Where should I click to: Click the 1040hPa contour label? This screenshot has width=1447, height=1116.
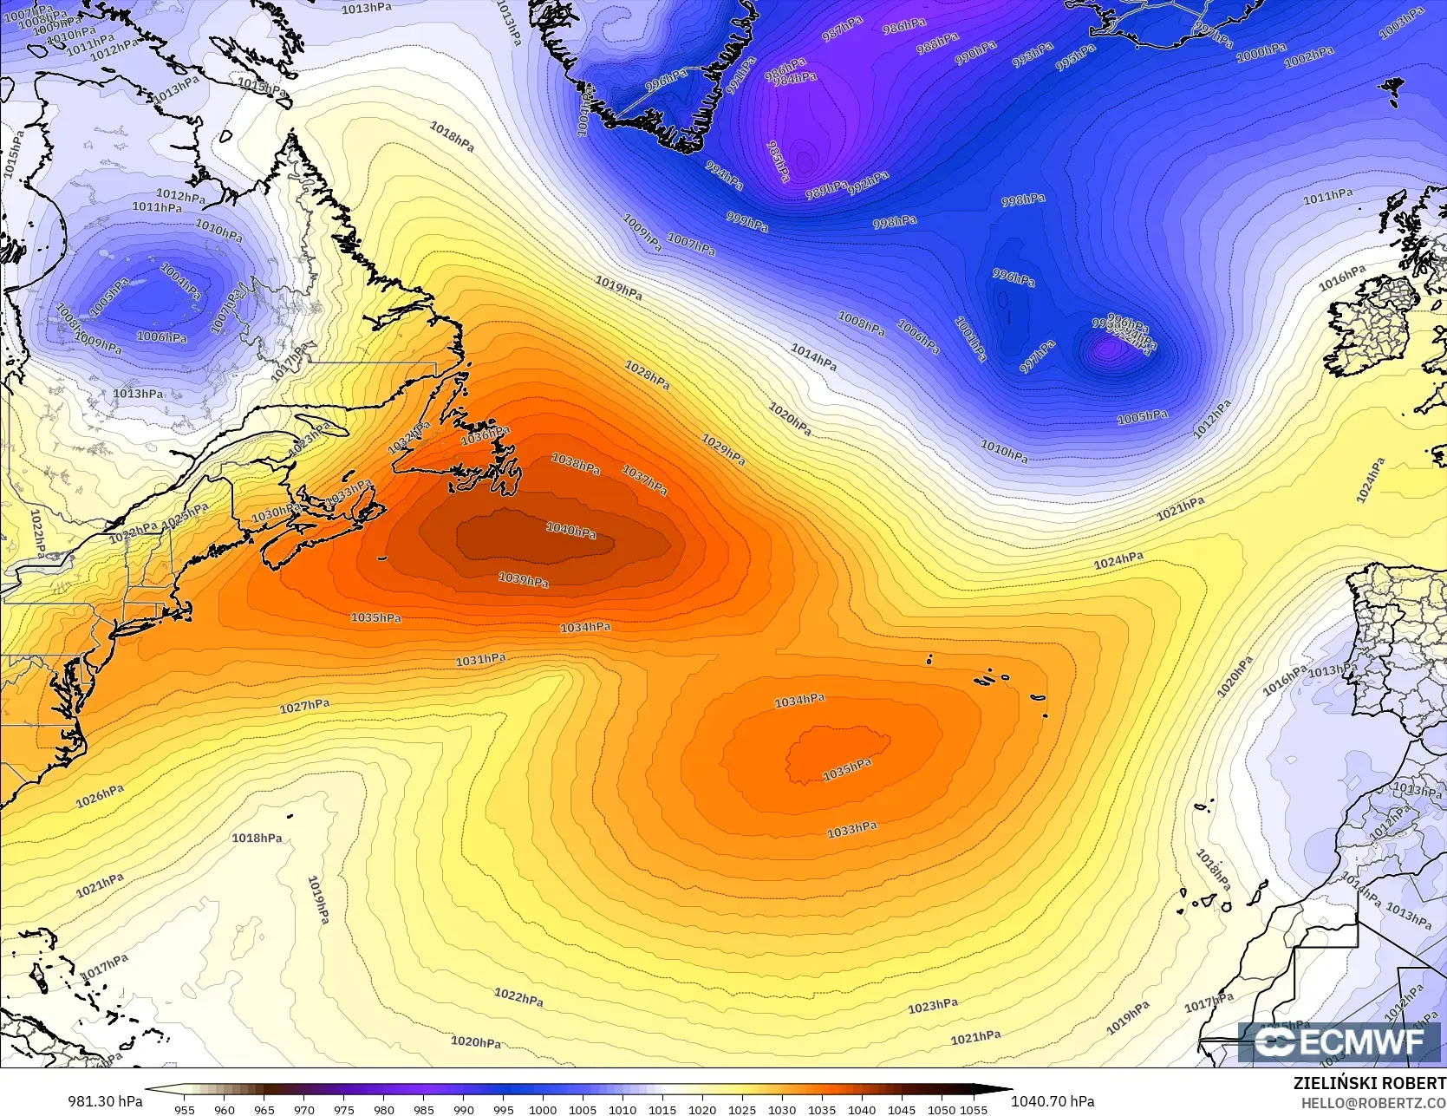(x=570, y=530)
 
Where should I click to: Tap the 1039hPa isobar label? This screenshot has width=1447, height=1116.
(x=523, y=579)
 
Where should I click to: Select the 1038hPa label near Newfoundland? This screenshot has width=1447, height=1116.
(x=576, y=465)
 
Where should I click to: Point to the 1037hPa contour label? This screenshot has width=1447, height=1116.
(x=644, y=480)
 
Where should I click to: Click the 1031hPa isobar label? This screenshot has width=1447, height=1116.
(x=480, y=660)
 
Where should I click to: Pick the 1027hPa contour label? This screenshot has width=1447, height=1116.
(x=304, y=707)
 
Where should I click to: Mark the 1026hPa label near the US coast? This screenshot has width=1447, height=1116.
(x=100, y=796)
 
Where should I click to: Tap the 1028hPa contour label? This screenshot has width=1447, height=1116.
(x=647, y=375)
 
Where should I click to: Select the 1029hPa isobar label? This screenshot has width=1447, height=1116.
(x=722, y=450)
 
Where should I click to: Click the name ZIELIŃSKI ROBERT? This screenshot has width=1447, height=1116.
(x=1369, y=1083)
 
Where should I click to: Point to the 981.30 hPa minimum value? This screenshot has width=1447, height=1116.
(x=105, y=1101)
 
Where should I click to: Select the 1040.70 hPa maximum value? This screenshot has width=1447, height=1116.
(x=1053, y=1101)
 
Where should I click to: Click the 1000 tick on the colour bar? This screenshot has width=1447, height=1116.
(x=543, y=1109)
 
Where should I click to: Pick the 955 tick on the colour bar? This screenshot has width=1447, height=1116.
(x=184, y=1109)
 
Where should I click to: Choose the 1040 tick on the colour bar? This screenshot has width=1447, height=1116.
(x=862, y=1109)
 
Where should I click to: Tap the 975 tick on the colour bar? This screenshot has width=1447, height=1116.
(x=343, y=1109)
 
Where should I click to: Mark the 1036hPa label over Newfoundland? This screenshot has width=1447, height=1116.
(x=485, y=434)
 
